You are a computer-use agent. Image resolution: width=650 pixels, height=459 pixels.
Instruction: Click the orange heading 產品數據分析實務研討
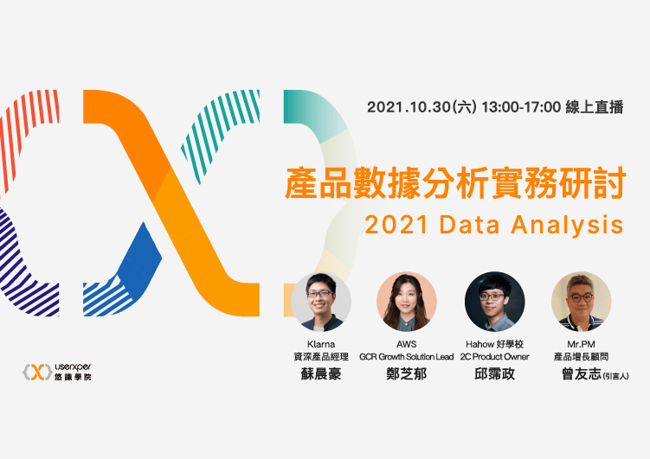[455, 183]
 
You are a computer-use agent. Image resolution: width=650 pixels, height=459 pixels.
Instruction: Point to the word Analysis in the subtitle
[567, 225]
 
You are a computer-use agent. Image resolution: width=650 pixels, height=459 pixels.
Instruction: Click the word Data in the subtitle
[471, 225]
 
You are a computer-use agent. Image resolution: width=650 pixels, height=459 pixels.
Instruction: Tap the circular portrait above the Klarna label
[321, 302]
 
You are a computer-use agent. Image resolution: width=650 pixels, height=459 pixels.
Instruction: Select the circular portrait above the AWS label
[407, 302]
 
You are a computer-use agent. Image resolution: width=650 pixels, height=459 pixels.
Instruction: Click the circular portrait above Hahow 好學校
[494, 302]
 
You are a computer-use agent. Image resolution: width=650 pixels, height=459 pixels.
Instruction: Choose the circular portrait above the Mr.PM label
[581, 302]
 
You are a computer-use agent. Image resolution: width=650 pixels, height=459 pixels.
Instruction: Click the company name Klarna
[321, 343]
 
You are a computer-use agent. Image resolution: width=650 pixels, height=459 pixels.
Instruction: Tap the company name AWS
[407, 343]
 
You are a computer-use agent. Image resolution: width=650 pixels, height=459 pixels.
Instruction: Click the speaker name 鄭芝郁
[407, 373]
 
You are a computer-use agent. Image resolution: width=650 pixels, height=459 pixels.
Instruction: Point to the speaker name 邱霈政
[494, 373]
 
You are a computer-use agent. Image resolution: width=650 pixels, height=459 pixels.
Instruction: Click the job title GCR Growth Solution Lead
[407, 356]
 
